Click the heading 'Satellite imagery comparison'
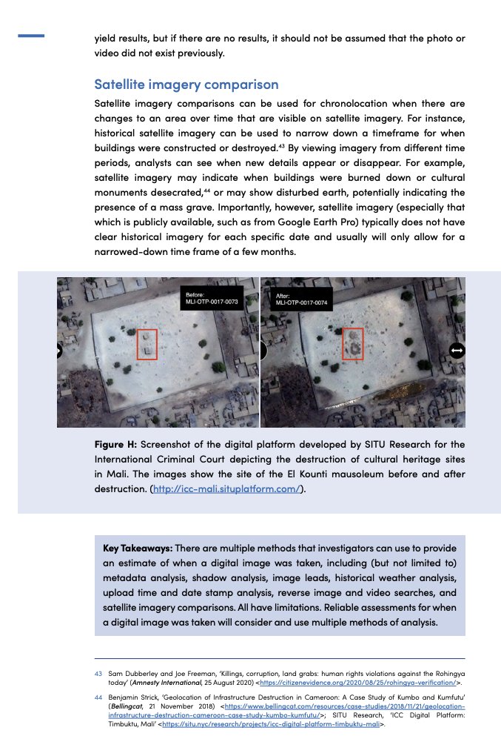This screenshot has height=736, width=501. pyautogui.click(x=186, y=84)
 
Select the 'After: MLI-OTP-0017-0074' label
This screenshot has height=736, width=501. pyautogui.click(x=302, y=299)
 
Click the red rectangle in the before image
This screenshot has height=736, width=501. pyautogui.click(x=147, y=345)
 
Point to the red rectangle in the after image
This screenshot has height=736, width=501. pyautogui.click(x=352, y=345)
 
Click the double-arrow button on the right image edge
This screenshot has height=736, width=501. pyautogui.click(x=457, y=350)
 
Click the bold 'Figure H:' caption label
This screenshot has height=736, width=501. pyautogui.click(x=115, y=444)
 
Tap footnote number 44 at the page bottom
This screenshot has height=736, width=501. pyautogui.click(x=98, y=697)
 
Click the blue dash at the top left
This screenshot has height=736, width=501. pyautogui.click(x=30, y=36)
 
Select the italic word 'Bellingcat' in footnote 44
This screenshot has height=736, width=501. pyautogui.click(x=126, y=708)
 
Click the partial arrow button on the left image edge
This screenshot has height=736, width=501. pyautogui.click(x=59, y=351)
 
